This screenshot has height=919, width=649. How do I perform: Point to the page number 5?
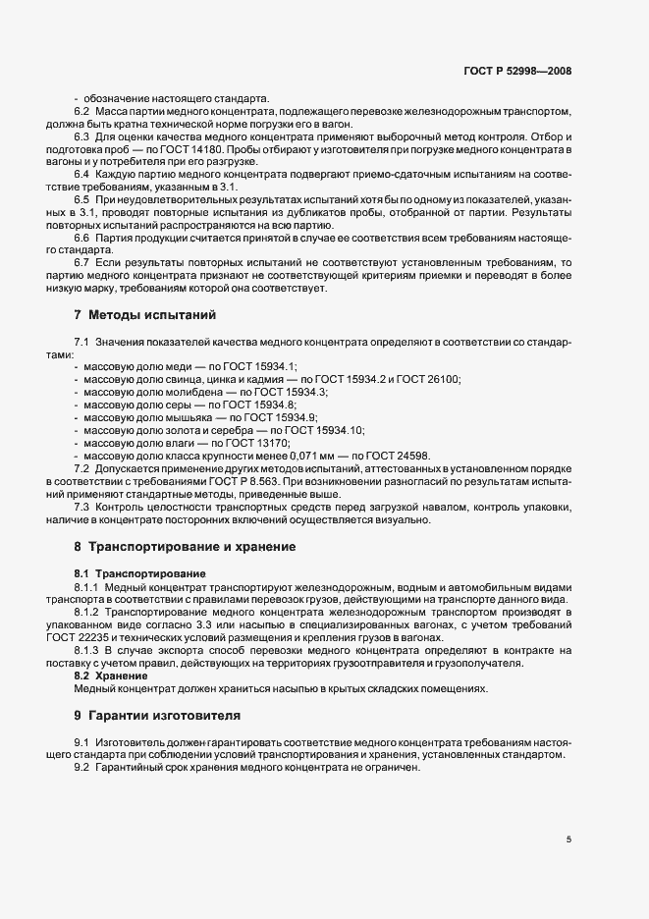pos(569,839)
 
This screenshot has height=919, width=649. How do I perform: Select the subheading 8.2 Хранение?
pos(107,676)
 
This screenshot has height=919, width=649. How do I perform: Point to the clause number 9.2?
pos(81,767)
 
